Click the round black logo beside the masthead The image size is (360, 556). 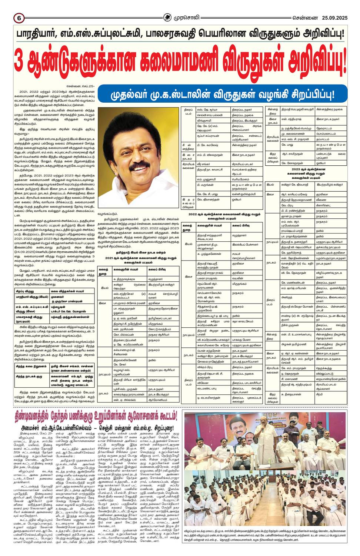point(169,17)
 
